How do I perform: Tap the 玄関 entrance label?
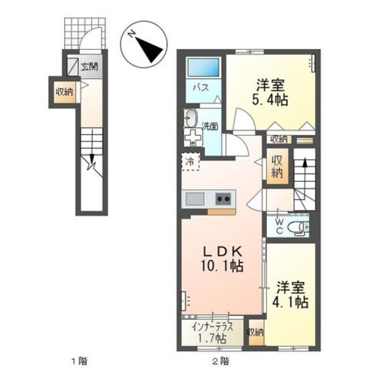point(89,66)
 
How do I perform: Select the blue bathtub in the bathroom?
point(202,70)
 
